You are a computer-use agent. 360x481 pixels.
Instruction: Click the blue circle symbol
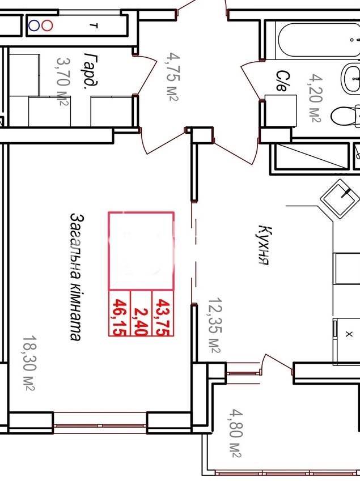(x=34, y=25)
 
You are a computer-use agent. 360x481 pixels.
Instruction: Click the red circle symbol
(x=47, y=25)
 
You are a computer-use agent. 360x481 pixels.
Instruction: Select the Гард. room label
(x=91, y=70)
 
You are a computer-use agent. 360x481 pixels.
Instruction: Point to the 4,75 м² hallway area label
(x=173, y=76)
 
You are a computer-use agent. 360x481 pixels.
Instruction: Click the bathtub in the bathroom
(x=319, y=39)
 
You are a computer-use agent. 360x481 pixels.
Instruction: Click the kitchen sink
(x=340, y=199)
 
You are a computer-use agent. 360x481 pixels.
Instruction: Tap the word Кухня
(x=264, y=245)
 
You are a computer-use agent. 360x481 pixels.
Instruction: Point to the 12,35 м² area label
(x=215, y=325)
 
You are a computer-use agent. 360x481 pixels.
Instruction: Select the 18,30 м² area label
(x=29, y=363)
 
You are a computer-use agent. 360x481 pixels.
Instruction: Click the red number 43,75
(x=163, y=317)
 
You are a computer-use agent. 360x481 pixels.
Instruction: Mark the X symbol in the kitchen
(x=349, y=334)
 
